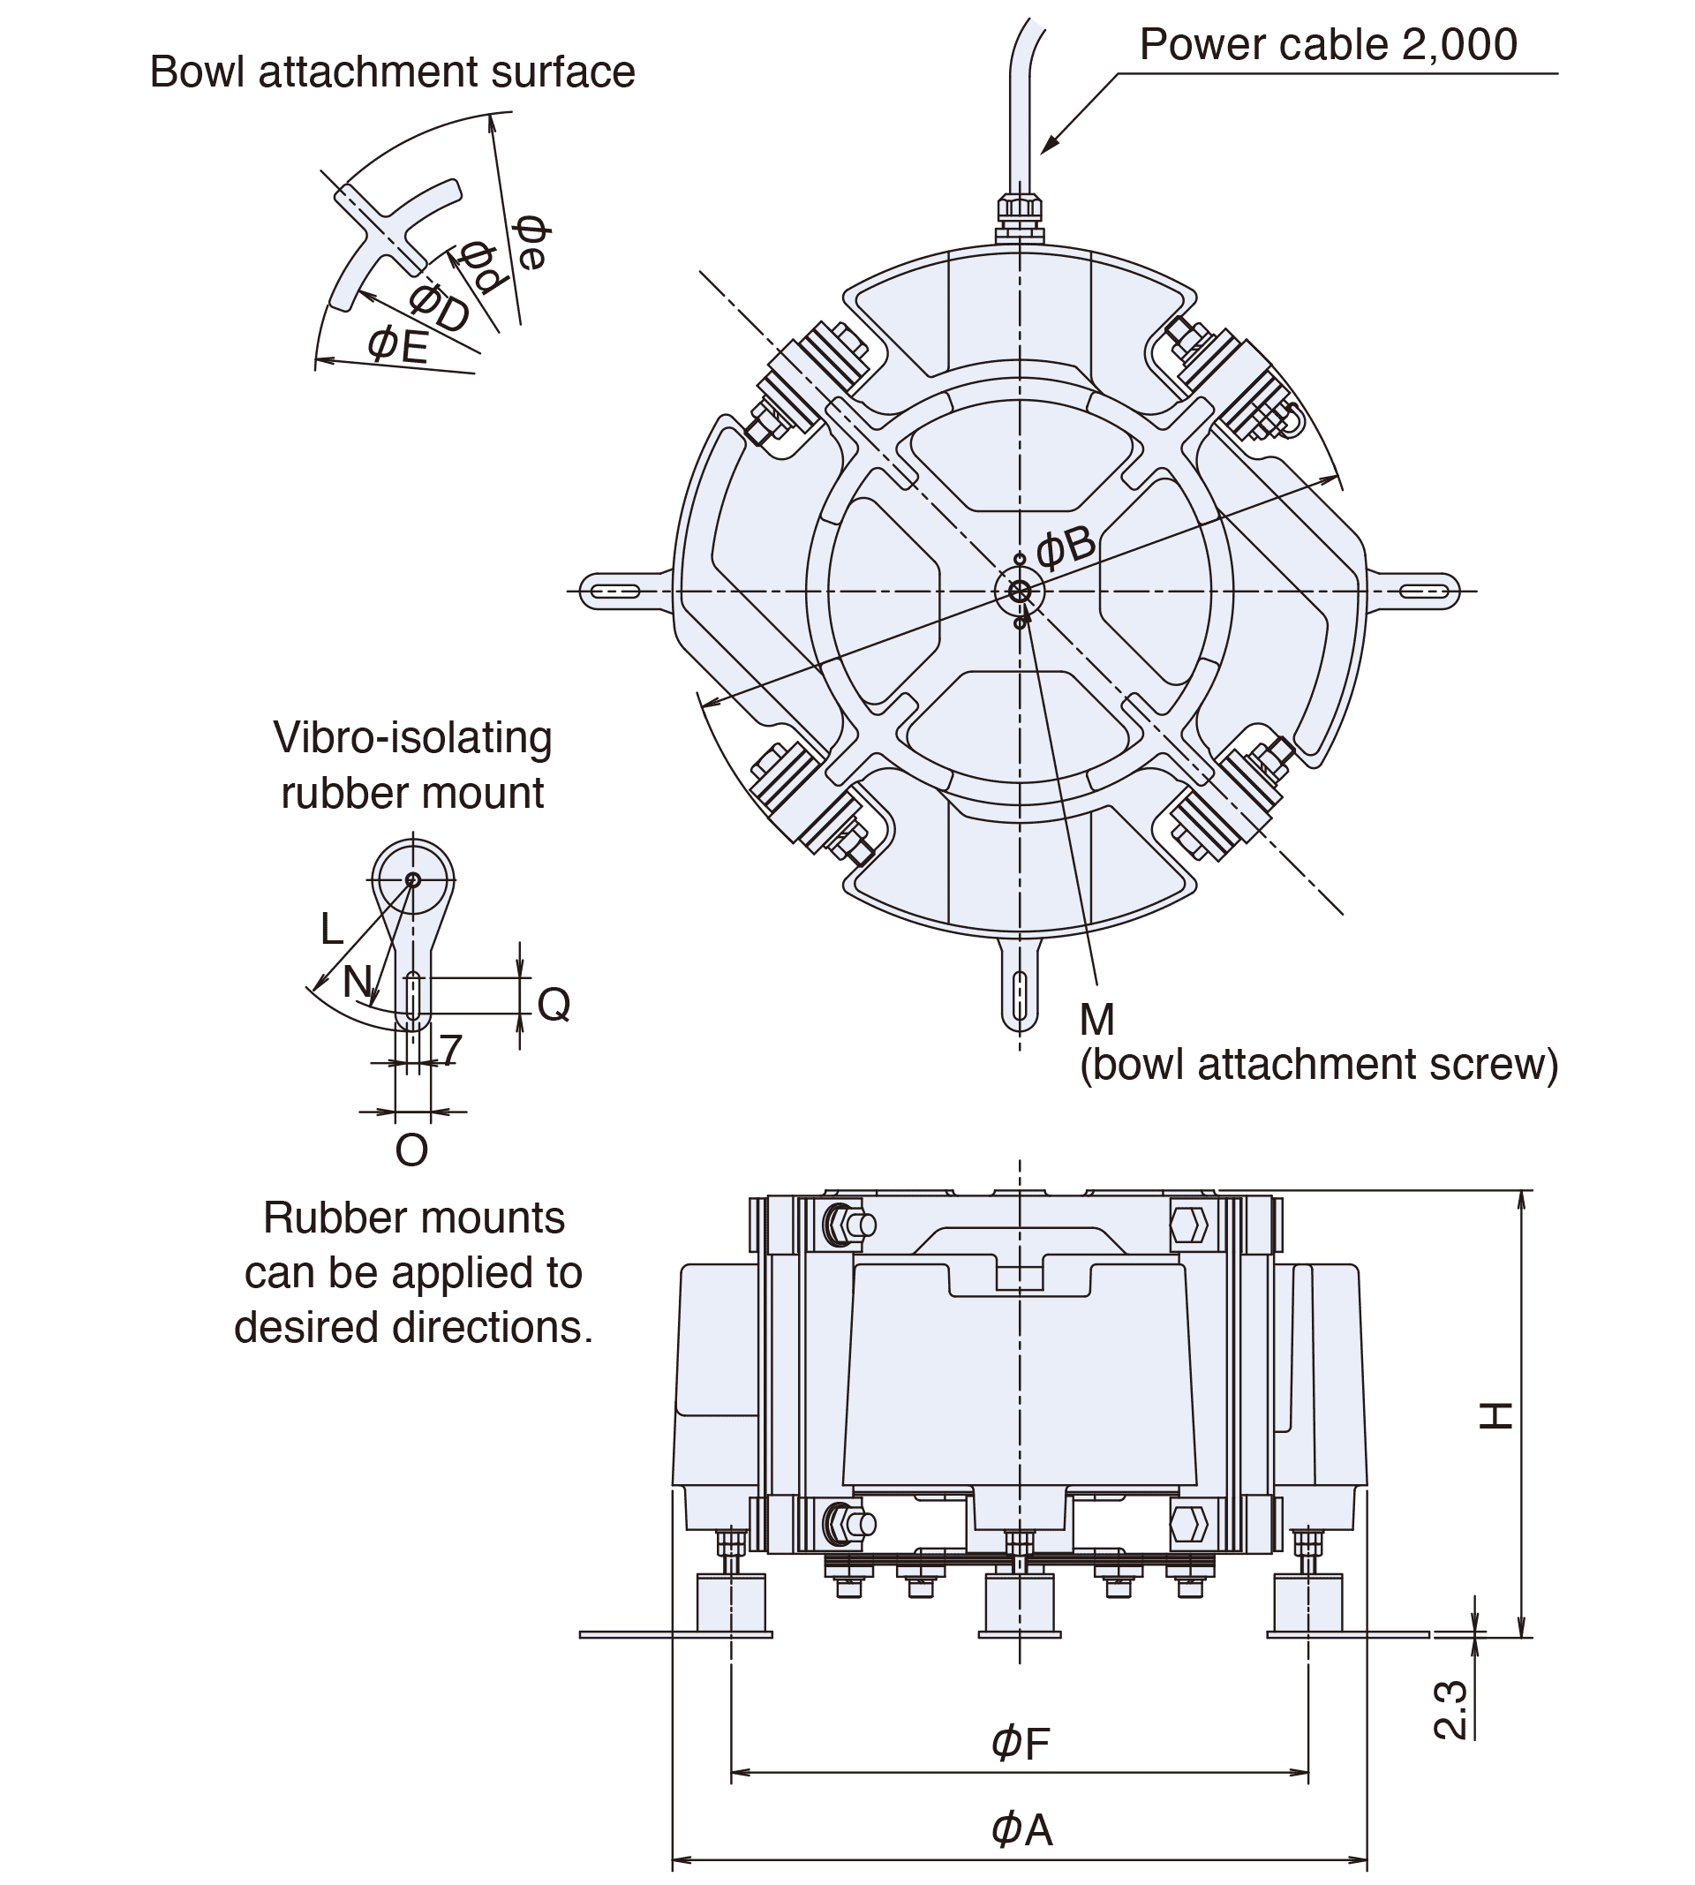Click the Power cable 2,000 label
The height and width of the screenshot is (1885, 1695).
click(x=1327, y=45)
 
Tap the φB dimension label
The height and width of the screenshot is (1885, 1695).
click(x=1065, y=547)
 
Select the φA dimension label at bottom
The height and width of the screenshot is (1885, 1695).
click(x=1021, y=1829)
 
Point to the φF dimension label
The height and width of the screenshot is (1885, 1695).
click(x=1021, y=1743)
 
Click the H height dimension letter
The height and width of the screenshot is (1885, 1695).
click(x=1496, y=1414)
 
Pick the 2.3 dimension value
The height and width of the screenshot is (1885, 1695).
click(x=1451, y=1709)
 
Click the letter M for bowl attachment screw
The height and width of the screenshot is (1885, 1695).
click(x=1096, y=1020)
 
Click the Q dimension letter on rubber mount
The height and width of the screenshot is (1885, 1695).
click(x=554, y=1004)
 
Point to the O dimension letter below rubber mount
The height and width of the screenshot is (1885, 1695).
click(x=411, y=1150)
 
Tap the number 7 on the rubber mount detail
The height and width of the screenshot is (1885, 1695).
click(x=451, y=1050)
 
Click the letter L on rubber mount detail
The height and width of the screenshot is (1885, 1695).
click(x=332, y=929)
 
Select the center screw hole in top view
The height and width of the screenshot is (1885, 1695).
click(x=1019, y=591)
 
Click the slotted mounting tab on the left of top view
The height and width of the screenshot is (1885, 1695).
click(x=615, y=591)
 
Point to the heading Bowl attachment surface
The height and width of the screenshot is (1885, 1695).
click(x=392, y=72)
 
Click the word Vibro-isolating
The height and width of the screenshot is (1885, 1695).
click(x=411, y=737)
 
